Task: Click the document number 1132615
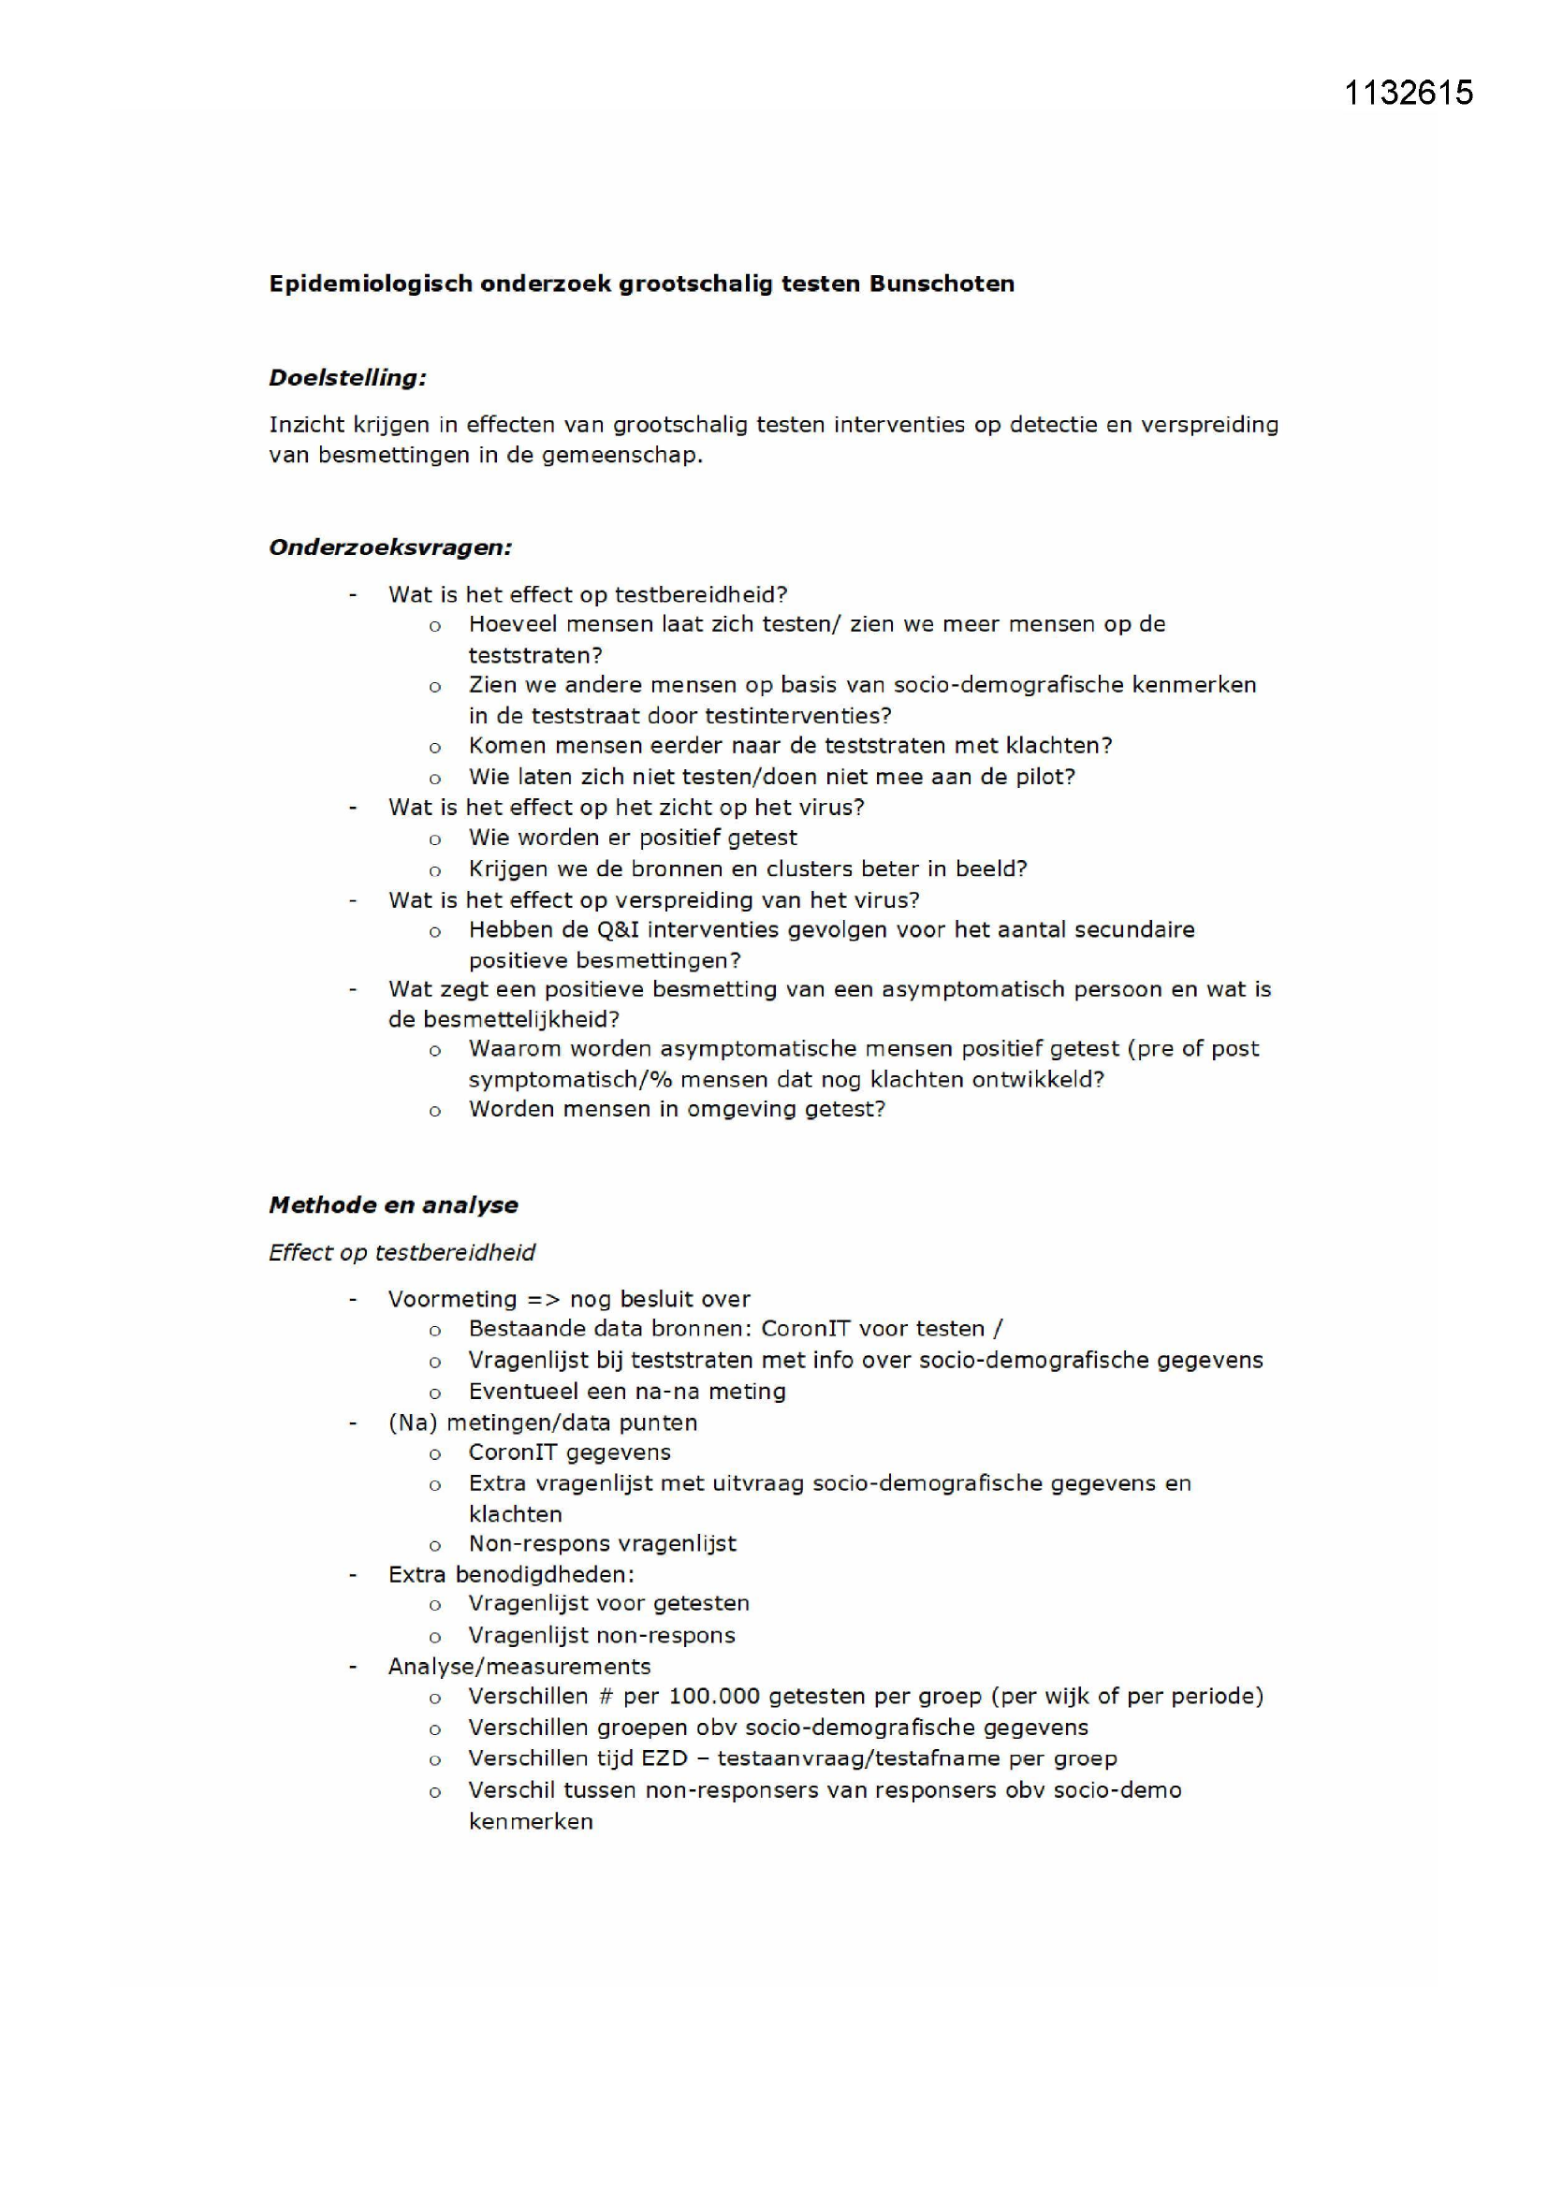point(1408,93)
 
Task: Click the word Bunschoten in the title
point(941,284)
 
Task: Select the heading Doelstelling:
point(347,378)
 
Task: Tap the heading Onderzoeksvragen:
point(390,548)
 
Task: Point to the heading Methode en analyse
point(393,1205)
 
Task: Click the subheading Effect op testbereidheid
point(402,1253)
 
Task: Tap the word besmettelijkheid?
point(504,1020)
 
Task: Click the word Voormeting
point(452,1300)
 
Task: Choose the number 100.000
point(714,1697)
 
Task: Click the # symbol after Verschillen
point(605,1697)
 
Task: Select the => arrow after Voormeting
point(544,1300)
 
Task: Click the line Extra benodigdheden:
point(511,1574)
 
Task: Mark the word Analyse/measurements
point(518,1667)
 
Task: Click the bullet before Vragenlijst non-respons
point(434,1637)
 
